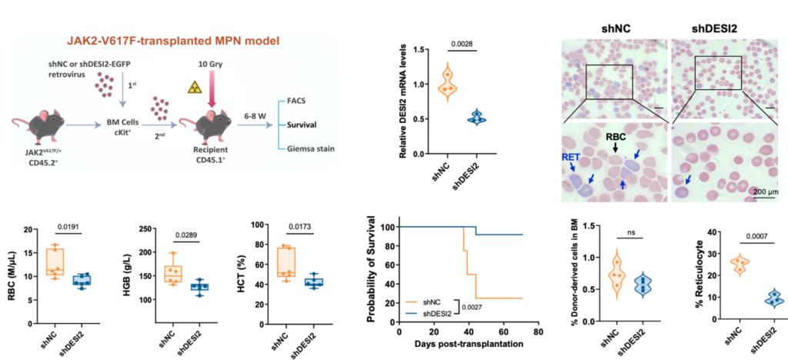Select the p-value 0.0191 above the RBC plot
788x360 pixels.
tap(70, 228)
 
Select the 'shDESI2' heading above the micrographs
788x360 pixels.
tap(714, 28)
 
